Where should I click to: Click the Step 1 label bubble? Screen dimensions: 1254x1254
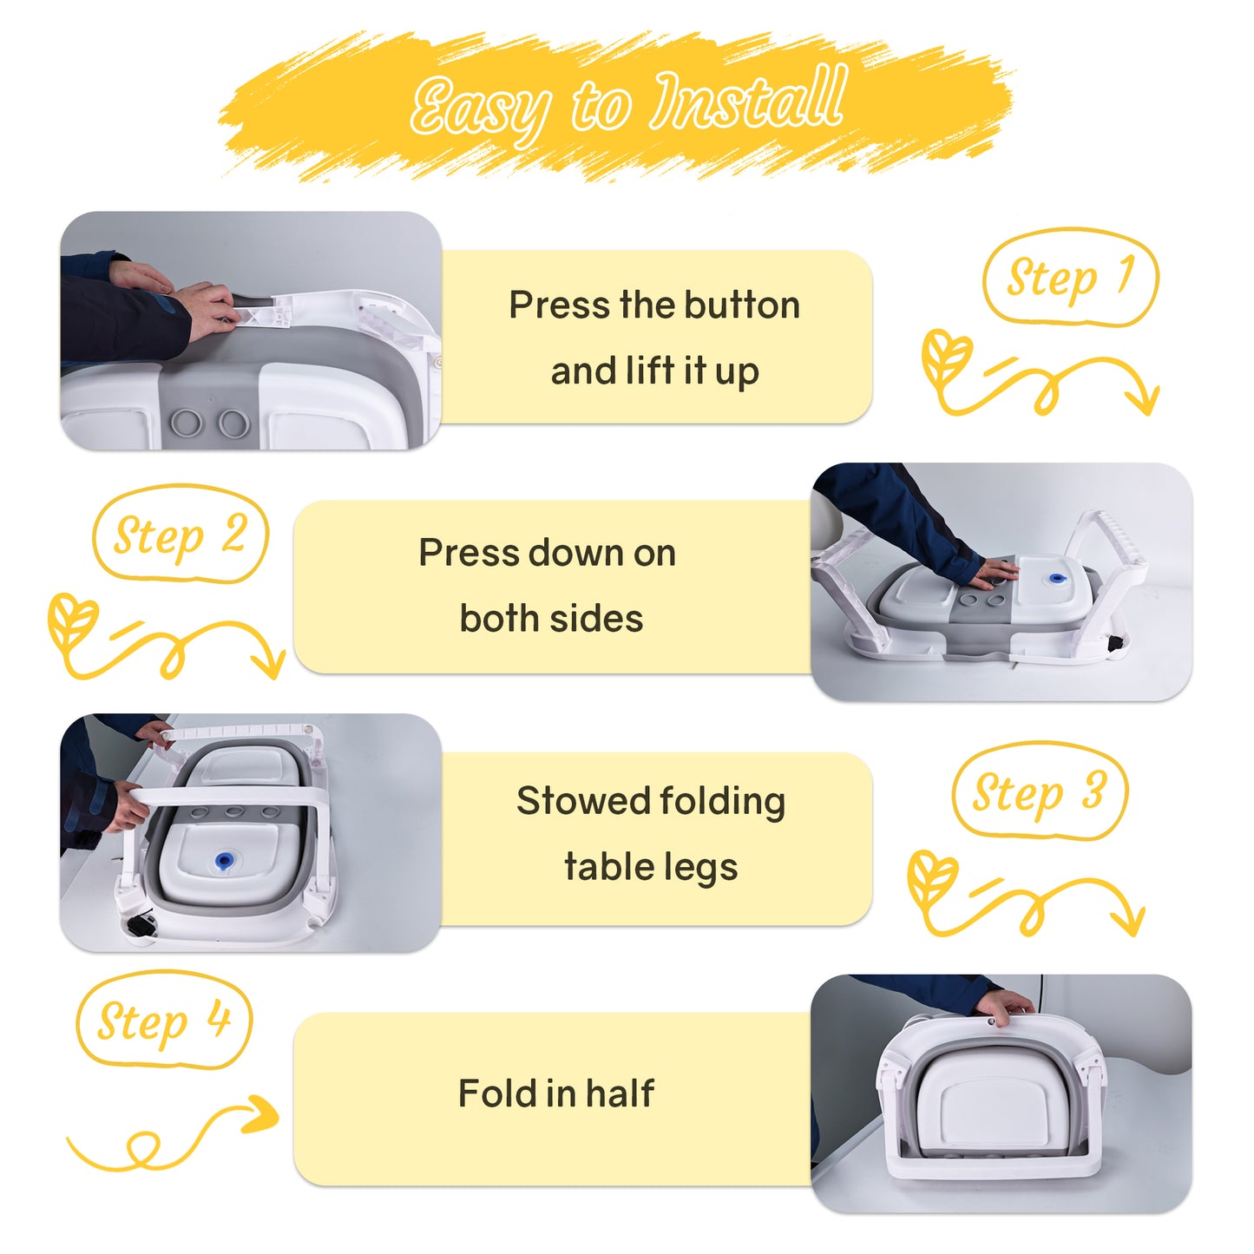(x=1070, y=278)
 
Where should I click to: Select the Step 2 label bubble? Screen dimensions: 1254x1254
(x=181, y=535)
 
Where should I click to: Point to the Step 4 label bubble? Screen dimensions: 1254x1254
(x=164, y=1021)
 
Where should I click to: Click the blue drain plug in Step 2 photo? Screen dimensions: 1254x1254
(x=1056, y=578)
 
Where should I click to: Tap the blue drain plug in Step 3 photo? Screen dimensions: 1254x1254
(x=225, y=860)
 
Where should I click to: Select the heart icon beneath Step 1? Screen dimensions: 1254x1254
(x=945, y=355)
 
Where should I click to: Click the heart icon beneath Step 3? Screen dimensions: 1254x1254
(x=932, y=876)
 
